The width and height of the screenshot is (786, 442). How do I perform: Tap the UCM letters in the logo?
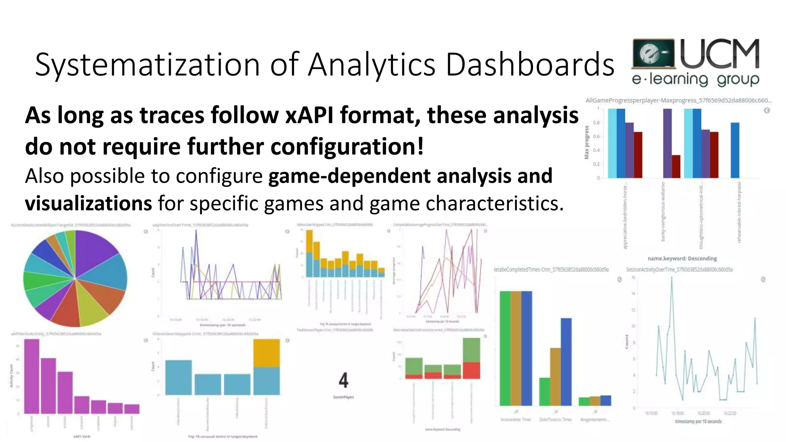(720, 54)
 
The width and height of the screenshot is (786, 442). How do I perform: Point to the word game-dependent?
(349, 176)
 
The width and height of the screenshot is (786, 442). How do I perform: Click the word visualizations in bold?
(88, 204)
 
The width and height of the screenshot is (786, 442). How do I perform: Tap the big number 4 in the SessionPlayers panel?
(343, 381)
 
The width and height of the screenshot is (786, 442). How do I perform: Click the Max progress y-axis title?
(586, 142)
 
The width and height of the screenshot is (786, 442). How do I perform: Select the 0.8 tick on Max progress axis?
(596, 123)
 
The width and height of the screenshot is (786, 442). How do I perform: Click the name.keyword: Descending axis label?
(682, 259)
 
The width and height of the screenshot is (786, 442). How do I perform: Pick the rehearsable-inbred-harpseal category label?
(739, 212)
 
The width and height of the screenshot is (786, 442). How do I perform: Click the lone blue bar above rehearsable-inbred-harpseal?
(735, 150)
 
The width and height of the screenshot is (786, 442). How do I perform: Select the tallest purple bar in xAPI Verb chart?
(32, 376)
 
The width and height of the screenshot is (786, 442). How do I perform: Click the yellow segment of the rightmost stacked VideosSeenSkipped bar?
(266, 353)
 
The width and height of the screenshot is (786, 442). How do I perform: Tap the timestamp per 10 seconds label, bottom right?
(698, 421)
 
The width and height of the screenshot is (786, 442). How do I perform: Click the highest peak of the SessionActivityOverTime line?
(672, 278)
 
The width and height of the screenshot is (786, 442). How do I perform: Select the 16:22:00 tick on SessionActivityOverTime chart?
(730, 413)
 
